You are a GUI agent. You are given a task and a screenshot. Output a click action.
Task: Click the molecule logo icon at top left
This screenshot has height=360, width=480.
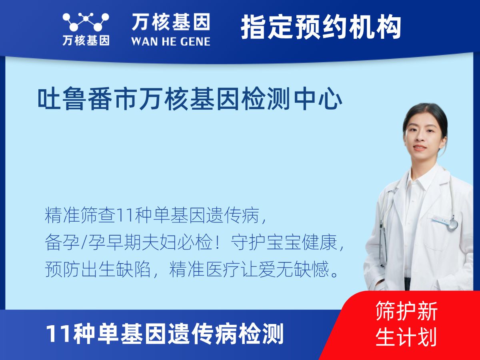(86, 22)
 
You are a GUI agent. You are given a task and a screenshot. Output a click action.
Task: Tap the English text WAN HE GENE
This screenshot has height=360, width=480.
(171, 41)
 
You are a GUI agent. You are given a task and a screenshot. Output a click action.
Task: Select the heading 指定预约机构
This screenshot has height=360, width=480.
(321, 27)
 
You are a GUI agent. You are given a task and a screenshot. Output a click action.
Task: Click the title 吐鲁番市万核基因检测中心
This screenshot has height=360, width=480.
(190, 98)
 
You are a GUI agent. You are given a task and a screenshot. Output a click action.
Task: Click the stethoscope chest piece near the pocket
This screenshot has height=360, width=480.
(453, 224)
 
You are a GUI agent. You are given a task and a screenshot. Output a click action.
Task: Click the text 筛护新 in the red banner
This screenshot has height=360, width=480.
(406, 311)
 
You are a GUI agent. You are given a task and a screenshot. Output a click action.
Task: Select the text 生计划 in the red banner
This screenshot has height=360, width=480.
(406, 336)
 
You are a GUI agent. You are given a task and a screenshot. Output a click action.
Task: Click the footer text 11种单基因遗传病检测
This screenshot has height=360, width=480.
(165, 334)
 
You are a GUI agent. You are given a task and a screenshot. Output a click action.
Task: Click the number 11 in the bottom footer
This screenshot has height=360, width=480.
(58, 334)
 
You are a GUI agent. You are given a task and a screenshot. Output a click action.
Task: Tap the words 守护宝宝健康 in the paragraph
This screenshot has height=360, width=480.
(284, 242)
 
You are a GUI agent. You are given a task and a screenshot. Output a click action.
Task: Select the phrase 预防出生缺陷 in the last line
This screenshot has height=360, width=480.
(98, 269)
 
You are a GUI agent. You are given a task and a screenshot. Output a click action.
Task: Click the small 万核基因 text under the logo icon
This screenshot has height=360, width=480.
(86, 41)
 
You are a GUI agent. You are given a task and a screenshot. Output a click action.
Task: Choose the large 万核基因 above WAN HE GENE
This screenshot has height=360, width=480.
(171, 22)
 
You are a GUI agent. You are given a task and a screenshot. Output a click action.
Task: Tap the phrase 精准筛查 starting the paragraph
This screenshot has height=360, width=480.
(80, 216)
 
